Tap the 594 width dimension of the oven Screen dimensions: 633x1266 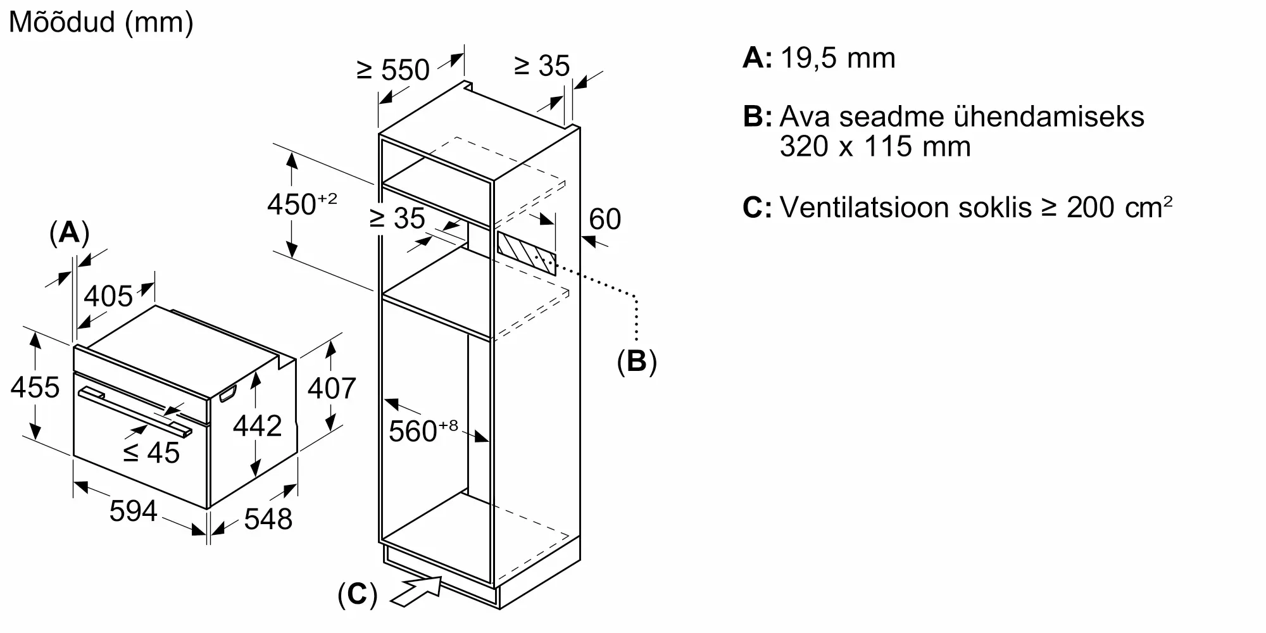[x=133, y=510]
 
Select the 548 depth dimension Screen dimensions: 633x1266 [x=268, y=519]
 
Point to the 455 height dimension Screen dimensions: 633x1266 [x=35, y=387]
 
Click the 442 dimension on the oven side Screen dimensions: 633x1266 [x=257, y=426]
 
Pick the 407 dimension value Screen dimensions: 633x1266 [x=332, y=387]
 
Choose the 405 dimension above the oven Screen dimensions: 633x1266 [x=108, y=296]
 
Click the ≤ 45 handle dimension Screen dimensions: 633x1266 [x=151, y=452]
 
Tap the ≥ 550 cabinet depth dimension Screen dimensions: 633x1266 [x=393, y=69]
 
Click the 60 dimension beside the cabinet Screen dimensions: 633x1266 [x=605, y=219]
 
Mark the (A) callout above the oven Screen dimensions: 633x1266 [x=69, y=233]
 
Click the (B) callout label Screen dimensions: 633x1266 [x=637, y=361]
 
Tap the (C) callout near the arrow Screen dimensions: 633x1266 [x=357, y=595]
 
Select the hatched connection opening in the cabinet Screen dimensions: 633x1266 [x=527, y=253]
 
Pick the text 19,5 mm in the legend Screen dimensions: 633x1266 [x=837, y=58]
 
